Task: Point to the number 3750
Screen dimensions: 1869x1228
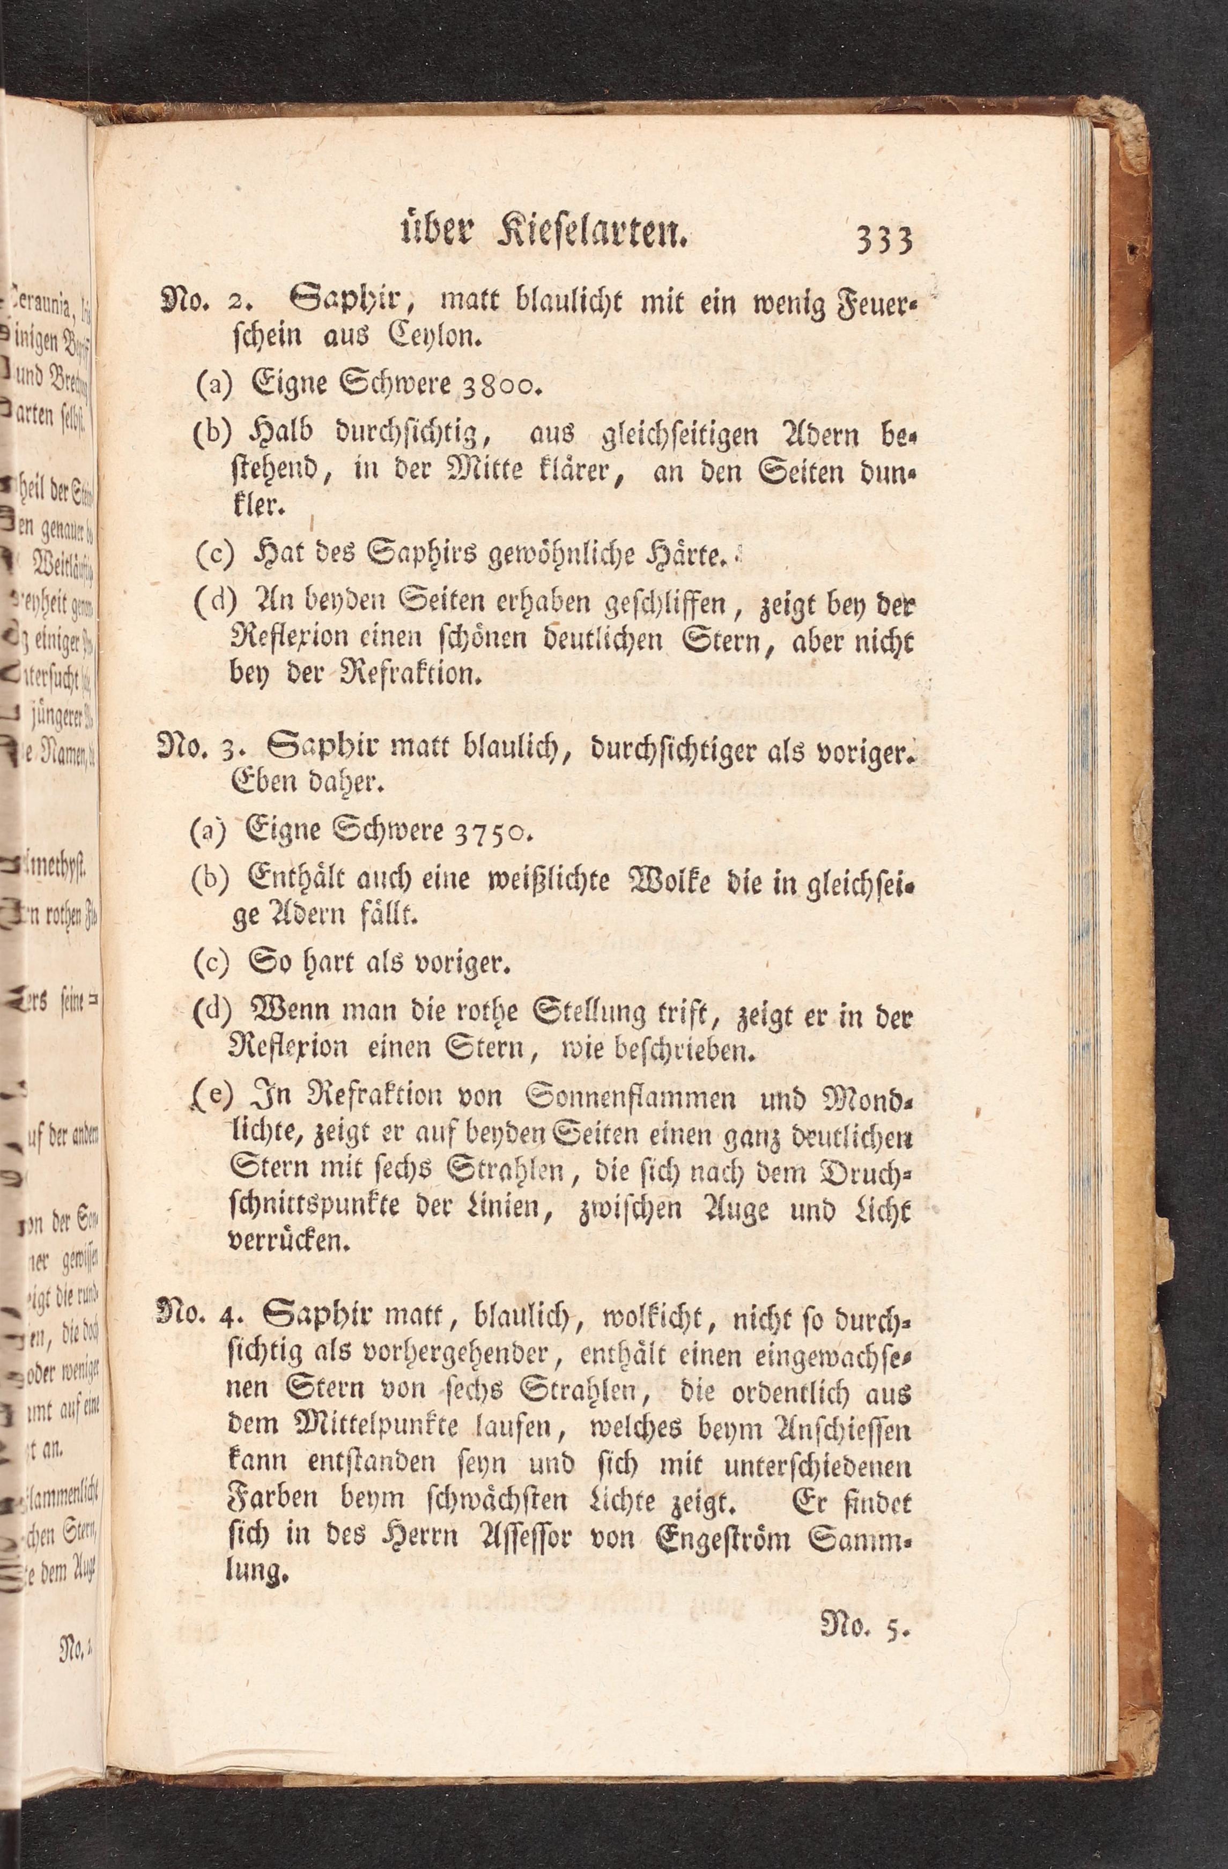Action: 492,832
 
